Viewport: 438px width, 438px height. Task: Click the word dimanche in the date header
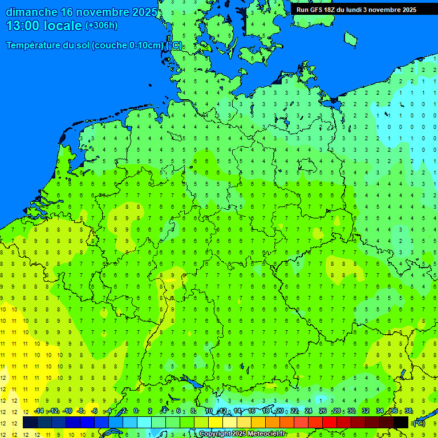coord(31,12)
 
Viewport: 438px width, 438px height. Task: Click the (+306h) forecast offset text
coord(101,26)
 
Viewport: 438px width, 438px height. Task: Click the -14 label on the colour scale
coord(39,411)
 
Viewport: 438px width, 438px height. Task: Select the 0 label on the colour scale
coord(136,411)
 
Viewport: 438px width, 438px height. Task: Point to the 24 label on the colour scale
coord(308,411)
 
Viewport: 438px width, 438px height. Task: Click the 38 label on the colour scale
coord(408,411)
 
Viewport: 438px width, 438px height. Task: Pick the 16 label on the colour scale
coord(251,411)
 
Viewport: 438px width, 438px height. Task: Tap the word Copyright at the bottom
coord(215,434)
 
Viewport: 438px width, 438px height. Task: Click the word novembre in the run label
coord(383,10)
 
